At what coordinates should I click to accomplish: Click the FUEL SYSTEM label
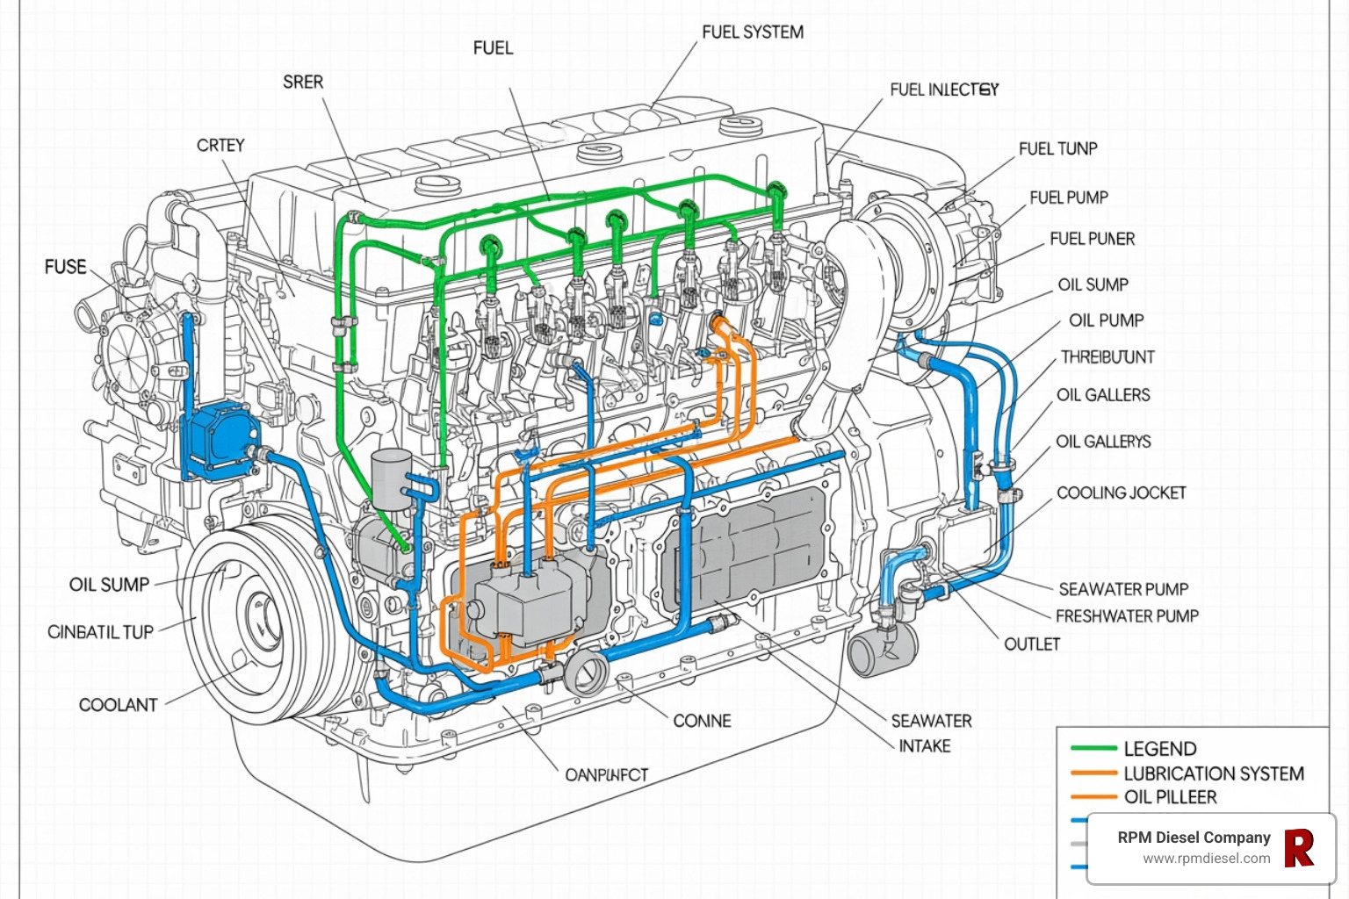pos(752,32)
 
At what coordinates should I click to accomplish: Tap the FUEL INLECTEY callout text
pos(943,90)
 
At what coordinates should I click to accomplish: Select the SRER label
pos(303,83)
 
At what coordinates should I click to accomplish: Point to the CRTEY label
pos(220,146)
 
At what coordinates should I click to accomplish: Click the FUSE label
pos(66,267)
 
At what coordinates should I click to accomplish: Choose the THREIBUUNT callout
pos(1107,357)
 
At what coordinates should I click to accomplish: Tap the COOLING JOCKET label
pos(1121,493)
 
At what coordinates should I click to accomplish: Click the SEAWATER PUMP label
pos(1123,589)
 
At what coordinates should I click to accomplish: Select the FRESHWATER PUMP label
pos(1127,616)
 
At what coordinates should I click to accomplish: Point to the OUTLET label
pos(1032,644)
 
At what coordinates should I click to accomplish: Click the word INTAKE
pos(925,746)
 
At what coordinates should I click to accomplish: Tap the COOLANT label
pos(119,705)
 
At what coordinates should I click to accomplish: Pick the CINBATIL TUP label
pos(100,632)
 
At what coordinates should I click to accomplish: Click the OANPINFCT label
pos(606,775)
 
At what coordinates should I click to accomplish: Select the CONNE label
pos(702,721)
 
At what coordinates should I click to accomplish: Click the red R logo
pos(1299,848)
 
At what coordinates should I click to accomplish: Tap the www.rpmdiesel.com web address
pos(1206,859)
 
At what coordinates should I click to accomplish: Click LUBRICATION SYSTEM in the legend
pos(1213,773)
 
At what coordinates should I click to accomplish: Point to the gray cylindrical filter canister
pos(392,478)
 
